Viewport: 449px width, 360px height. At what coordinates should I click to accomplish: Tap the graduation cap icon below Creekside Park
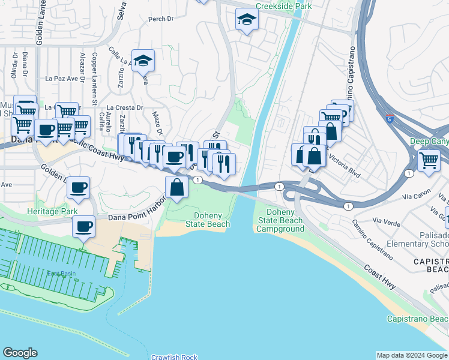(247, 21)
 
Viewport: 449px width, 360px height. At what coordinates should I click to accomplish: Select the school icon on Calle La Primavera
(143, 61)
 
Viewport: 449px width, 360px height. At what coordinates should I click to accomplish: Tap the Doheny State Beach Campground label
(280, 220)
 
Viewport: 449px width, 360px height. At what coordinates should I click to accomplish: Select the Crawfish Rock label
(174, 357)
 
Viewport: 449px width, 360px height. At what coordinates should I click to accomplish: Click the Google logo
(20, 353)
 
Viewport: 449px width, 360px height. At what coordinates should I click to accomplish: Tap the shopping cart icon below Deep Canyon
(429, 160)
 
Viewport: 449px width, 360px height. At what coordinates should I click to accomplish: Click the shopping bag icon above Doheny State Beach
(178, 187)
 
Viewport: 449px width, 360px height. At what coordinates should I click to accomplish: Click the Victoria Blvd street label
(343, 168)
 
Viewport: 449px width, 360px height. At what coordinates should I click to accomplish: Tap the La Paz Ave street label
(62, 78)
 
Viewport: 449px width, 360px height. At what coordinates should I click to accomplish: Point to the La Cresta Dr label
(127, 108)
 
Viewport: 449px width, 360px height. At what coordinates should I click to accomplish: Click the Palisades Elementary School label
(424, 240)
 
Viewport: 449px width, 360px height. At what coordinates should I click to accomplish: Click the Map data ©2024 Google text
(412, 355)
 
